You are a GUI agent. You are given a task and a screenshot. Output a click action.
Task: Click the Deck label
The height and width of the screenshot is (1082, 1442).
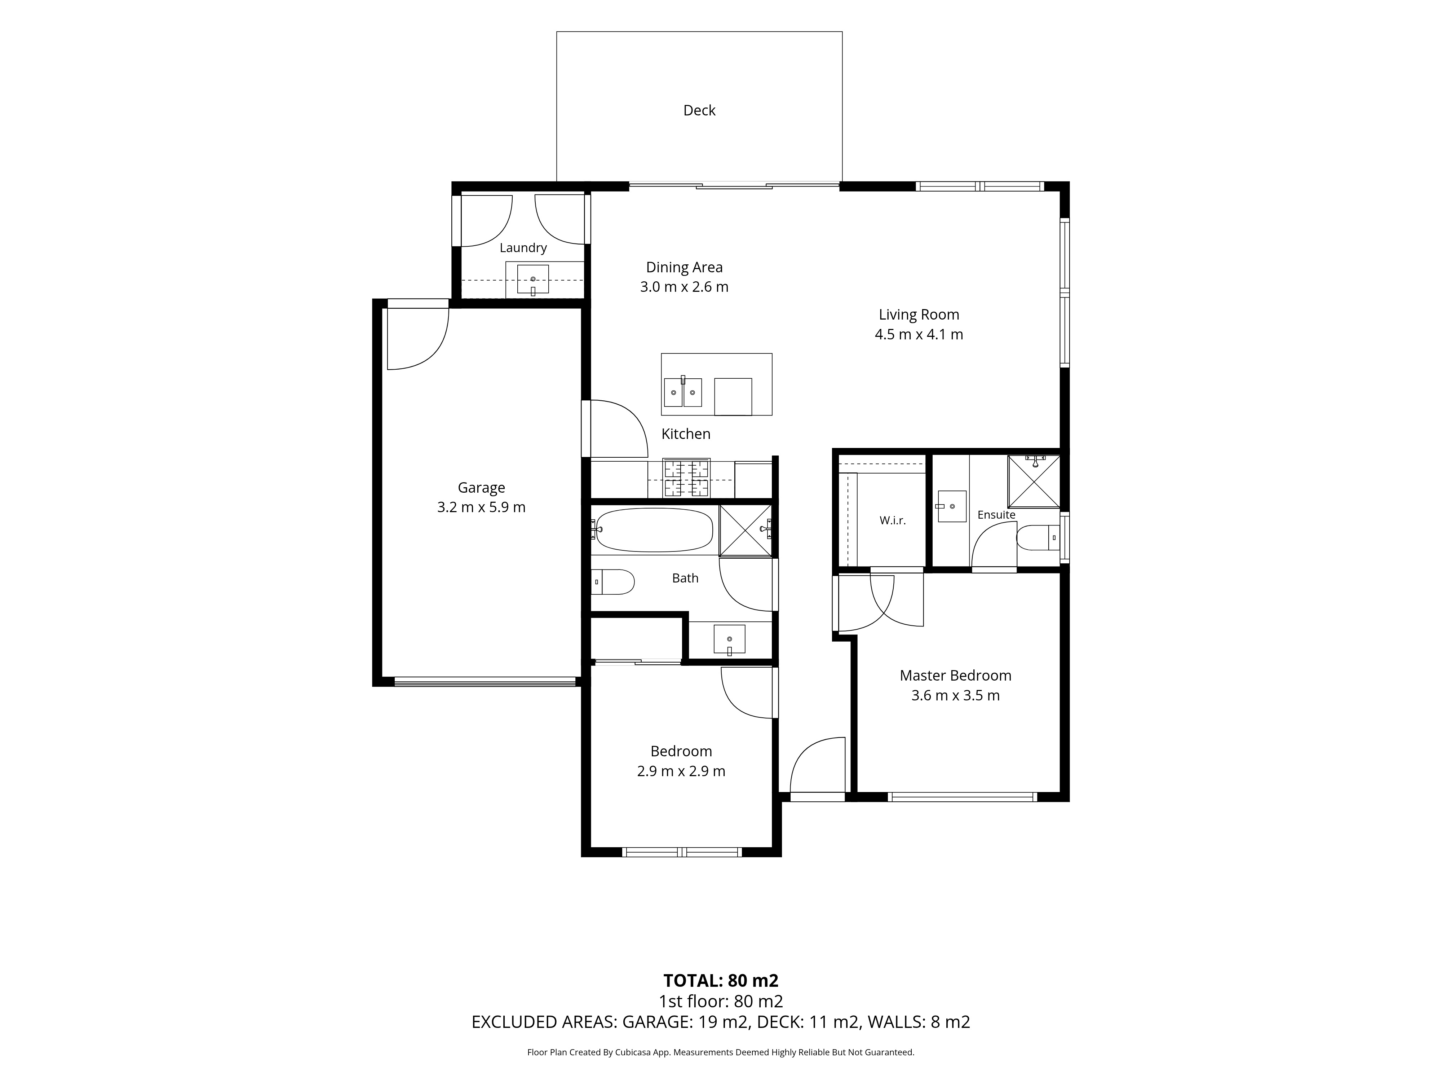(699, 110)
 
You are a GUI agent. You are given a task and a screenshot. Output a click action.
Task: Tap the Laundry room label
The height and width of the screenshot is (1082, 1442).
(523, 248)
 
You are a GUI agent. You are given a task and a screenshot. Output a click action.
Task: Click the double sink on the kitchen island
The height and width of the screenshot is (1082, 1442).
(682, 392)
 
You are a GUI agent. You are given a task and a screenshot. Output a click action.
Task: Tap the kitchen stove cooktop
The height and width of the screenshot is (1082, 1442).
(686, 478)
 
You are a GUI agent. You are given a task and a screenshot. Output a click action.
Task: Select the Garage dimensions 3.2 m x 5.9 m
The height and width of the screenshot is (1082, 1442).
(481, 507)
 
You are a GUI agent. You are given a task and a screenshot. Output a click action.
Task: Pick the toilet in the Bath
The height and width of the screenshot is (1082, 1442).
(613, 582)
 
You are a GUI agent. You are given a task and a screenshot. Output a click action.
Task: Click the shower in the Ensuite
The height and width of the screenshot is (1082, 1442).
(1034, 481)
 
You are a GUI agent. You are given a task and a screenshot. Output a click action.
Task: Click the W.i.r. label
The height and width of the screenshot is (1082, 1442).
(893, 520)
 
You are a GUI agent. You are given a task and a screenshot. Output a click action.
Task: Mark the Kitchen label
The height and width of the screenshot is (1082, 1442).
(686, 434)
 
